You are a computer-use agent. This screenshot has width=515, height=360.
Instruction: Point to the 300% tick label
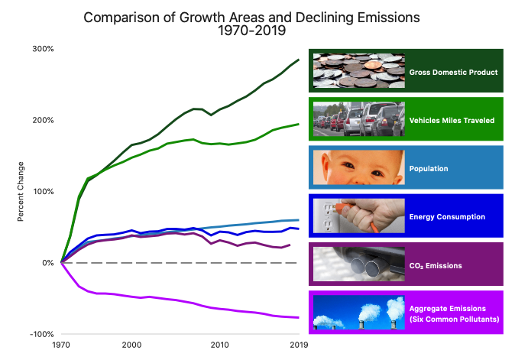click(x=43, y=49)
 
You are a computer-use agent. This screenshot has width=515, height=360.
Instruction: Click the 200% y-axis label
click(x=43, y=120)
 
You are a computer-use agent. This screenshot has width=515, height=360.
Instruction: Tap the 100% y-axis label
click(x=43, y=191)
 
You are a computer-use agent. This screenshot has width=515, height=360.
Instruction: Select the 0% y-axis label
click(x=47, y=263)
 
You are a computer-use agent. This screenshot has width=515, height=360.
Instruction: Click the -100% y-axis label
click(x=41, y=334)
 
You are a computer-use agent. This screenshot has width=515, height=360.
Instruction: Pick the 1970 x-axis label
click(x=61, y=345)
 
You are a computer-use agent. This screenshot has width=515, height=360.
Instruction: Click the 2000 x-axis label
click(x=131, y=345)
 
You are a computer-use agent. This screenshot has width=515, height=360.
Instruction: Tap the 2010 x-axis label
click(x=220, y=345)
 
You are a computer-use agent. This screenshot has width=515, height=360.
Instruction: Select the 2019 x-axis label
click(x=299, y=345)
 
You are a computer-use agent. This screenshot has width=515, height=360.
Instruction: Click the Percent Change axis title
click(x=21, y=191)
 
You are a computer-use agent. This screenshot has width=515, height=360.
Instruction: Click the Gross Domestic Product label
click(x=453, y=72)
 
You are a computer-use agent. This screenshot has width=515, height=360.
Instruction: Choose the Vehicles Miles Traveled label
click(x=452, y=120)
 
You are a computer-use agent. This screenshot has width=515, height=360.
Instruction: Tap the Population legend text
click(x=429, y=168)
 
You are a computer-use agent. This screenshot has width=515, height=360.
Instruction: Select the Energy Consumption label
click(x=447, y=216)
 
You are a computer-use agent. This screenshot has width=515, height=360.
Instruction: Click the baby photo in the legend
click(x=359, y=168)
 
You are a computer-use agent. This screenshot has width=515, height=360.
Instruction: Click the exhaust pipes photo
click(x=359, y=264)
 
